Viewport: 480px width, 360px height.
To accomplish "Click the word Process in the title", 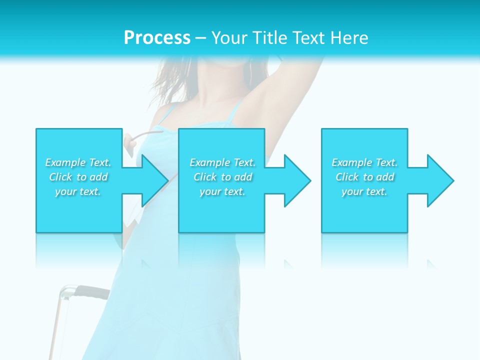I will tap(157, 37).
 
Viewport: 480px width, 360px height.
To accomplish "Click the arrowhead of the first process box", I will tap(152, 180).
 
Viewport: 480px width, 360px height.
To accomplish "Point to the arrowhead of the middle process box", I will tap(295, 180).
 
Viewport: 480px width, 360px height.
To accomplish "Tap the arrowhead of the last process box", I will tap(438, 180).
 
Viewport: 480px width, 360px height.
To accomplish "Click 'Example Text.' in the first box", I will tap(78, 162).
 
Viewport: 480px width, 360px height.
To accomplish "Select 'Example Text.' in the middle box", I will tap(222, 162).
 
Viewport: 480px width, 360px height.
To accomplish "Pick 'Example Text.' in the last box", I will tap(364, 162).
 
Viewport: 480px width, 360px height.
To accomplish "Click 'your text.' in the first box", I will tap(78, 191).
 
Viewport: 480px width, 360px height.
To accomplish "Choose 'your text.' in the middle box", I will tap(222, 191).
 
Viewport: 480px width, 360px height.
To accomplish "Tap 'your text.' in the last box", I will tap(364, 191).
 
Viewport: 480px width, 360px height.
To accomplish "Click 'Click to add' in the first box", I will tap(78, 177).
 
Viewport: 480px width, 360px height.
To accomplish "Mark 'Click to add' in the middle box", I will tap(222, 177).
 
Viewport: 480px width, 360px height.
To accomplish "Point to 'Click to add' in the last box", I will tap(364, 177).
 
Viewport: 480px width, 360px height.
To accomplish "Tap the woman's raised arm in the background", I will tap(292, 95).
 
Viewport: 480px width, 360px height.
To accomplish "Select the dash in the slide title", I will tap(201, 38).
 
